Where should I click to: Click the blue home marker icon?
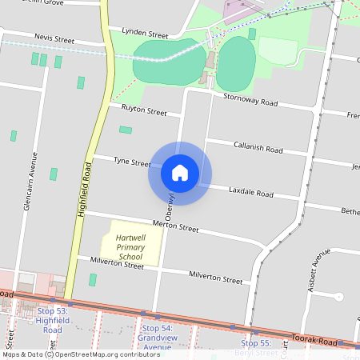coord(180,173)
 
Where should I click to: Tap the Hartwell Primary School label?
coord(130,247)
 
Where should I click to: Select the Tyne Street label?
coord(132,162)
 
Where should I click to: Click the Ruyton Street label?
coord(144,111)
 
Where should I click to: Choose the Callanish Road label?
coord(258,149)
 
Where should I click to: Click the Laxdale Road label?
coord(251,193)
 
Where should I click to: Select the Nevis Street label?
coord(54,38)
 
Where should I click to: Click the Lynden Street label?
coord(145,35)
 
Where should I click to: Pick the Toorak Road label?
coord(314,339)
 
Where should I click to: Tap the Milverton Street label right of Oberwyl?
coord(215,279)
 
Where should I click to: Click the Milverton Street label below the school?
coord(117,264)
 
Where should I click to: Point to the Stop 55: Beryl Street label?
coord(256,347)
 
